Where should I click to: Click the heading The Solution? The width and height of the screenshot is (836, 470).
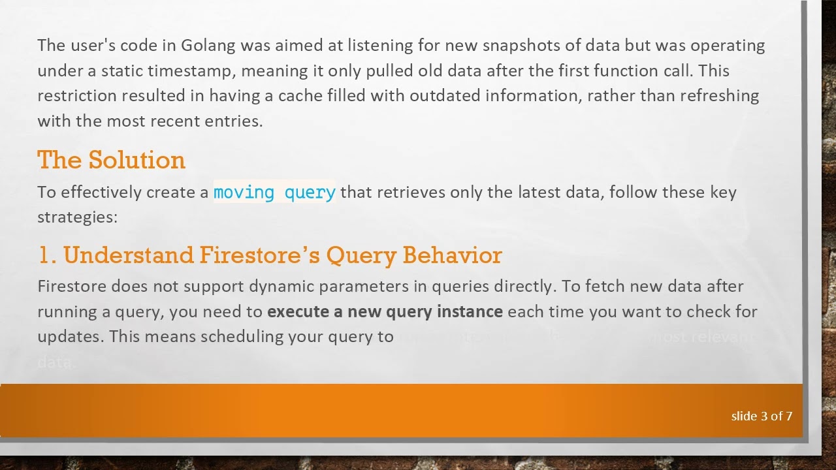click(111, 160)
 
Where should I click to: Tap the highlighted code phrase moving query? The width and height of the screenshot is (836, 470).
click(274, 193)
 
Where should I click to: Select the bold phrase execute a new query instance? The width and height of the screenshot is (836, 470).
click(385, 311)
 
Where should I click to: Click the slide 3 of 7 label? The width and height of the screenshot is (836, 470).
click(762, 416)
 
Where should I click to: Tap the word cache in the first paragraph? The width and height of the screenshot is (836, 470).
click(300, 96)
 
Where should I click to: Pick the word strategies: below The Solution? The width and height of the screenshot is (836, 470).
click(77, 217)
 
